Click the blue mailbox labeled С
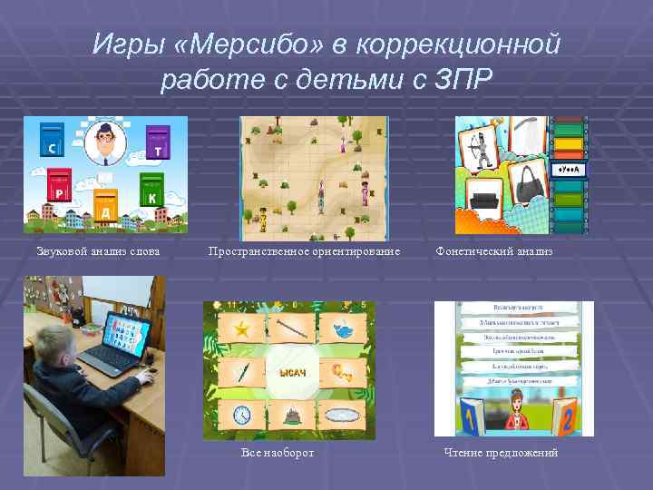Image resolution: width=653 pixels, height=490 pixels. [x=53, y=141]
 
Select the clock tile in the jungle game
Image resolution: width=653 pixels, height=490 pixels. [x=241, y=414]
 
